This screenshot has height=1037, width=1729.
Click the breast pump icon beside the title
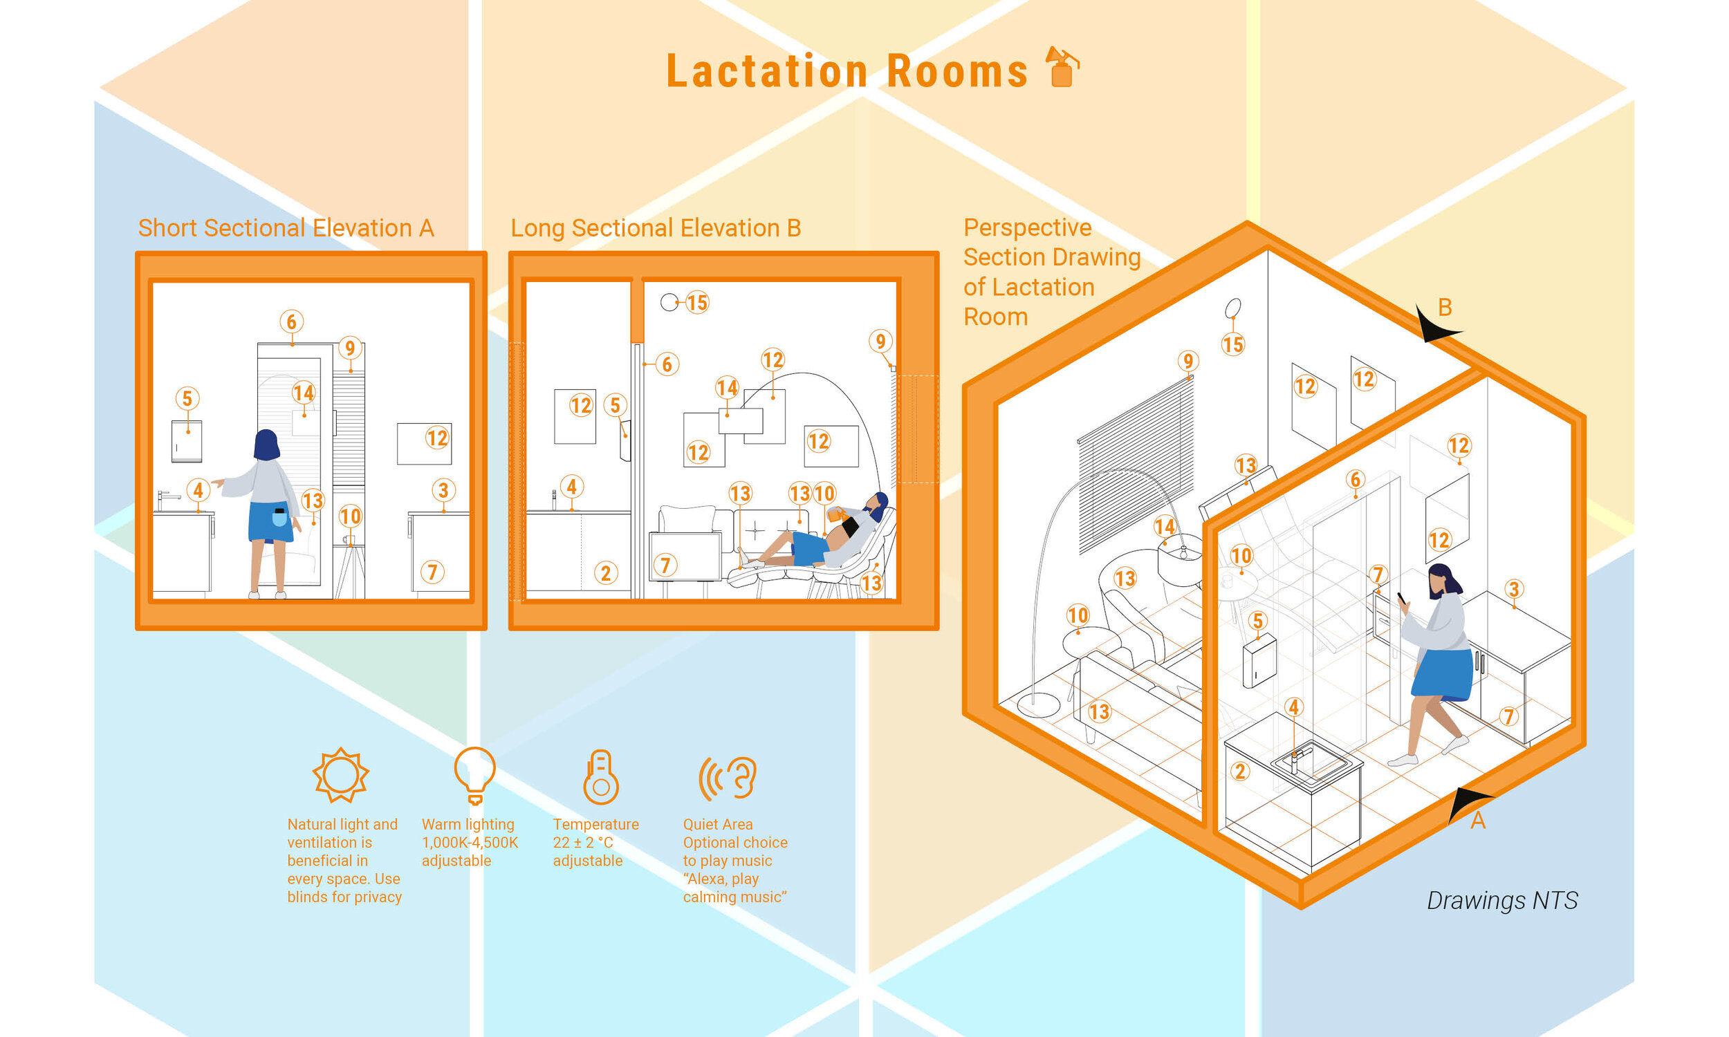[1061, 67]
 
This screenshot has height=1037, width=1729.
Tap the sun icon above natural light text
[340, 774]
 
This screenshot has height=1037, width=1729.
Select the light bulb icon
[474, 774]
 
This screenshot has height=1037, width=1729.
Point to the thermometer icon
[600, 776]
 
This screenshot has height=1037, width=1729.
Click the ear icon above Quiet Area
[729, 777]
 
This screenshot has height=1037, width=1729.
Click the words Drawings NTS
[1502, 900]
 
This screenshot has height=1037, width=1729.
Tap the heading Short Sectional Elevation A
[286, 228]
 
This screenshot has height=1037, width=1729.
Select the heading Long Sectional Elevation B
[656, 228]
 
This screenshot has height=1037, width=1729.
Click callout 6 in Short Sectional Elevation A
[291, 321]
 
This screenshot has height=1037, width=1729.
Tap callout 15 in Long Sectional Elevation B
[696, 303]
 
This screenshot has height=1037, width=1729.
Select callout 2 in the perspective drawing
[1240, 772]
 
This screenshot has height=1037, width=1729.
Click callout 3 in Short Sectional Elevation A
[443, 490]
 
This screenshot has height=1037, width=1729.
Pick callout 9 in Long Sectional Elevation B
[880, 341]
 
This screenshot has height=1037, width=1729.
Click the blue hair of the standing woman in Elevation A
[266, 445]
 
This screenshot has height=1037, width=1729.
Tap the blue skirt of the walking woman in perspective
[1443, 673]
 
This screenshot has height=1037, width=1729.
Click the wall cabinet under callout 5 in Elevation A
[187, 441]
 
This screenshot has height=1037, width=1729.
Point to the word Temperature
[595, 825]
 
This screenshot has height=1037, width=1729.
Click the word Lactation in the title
[767, 71]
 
